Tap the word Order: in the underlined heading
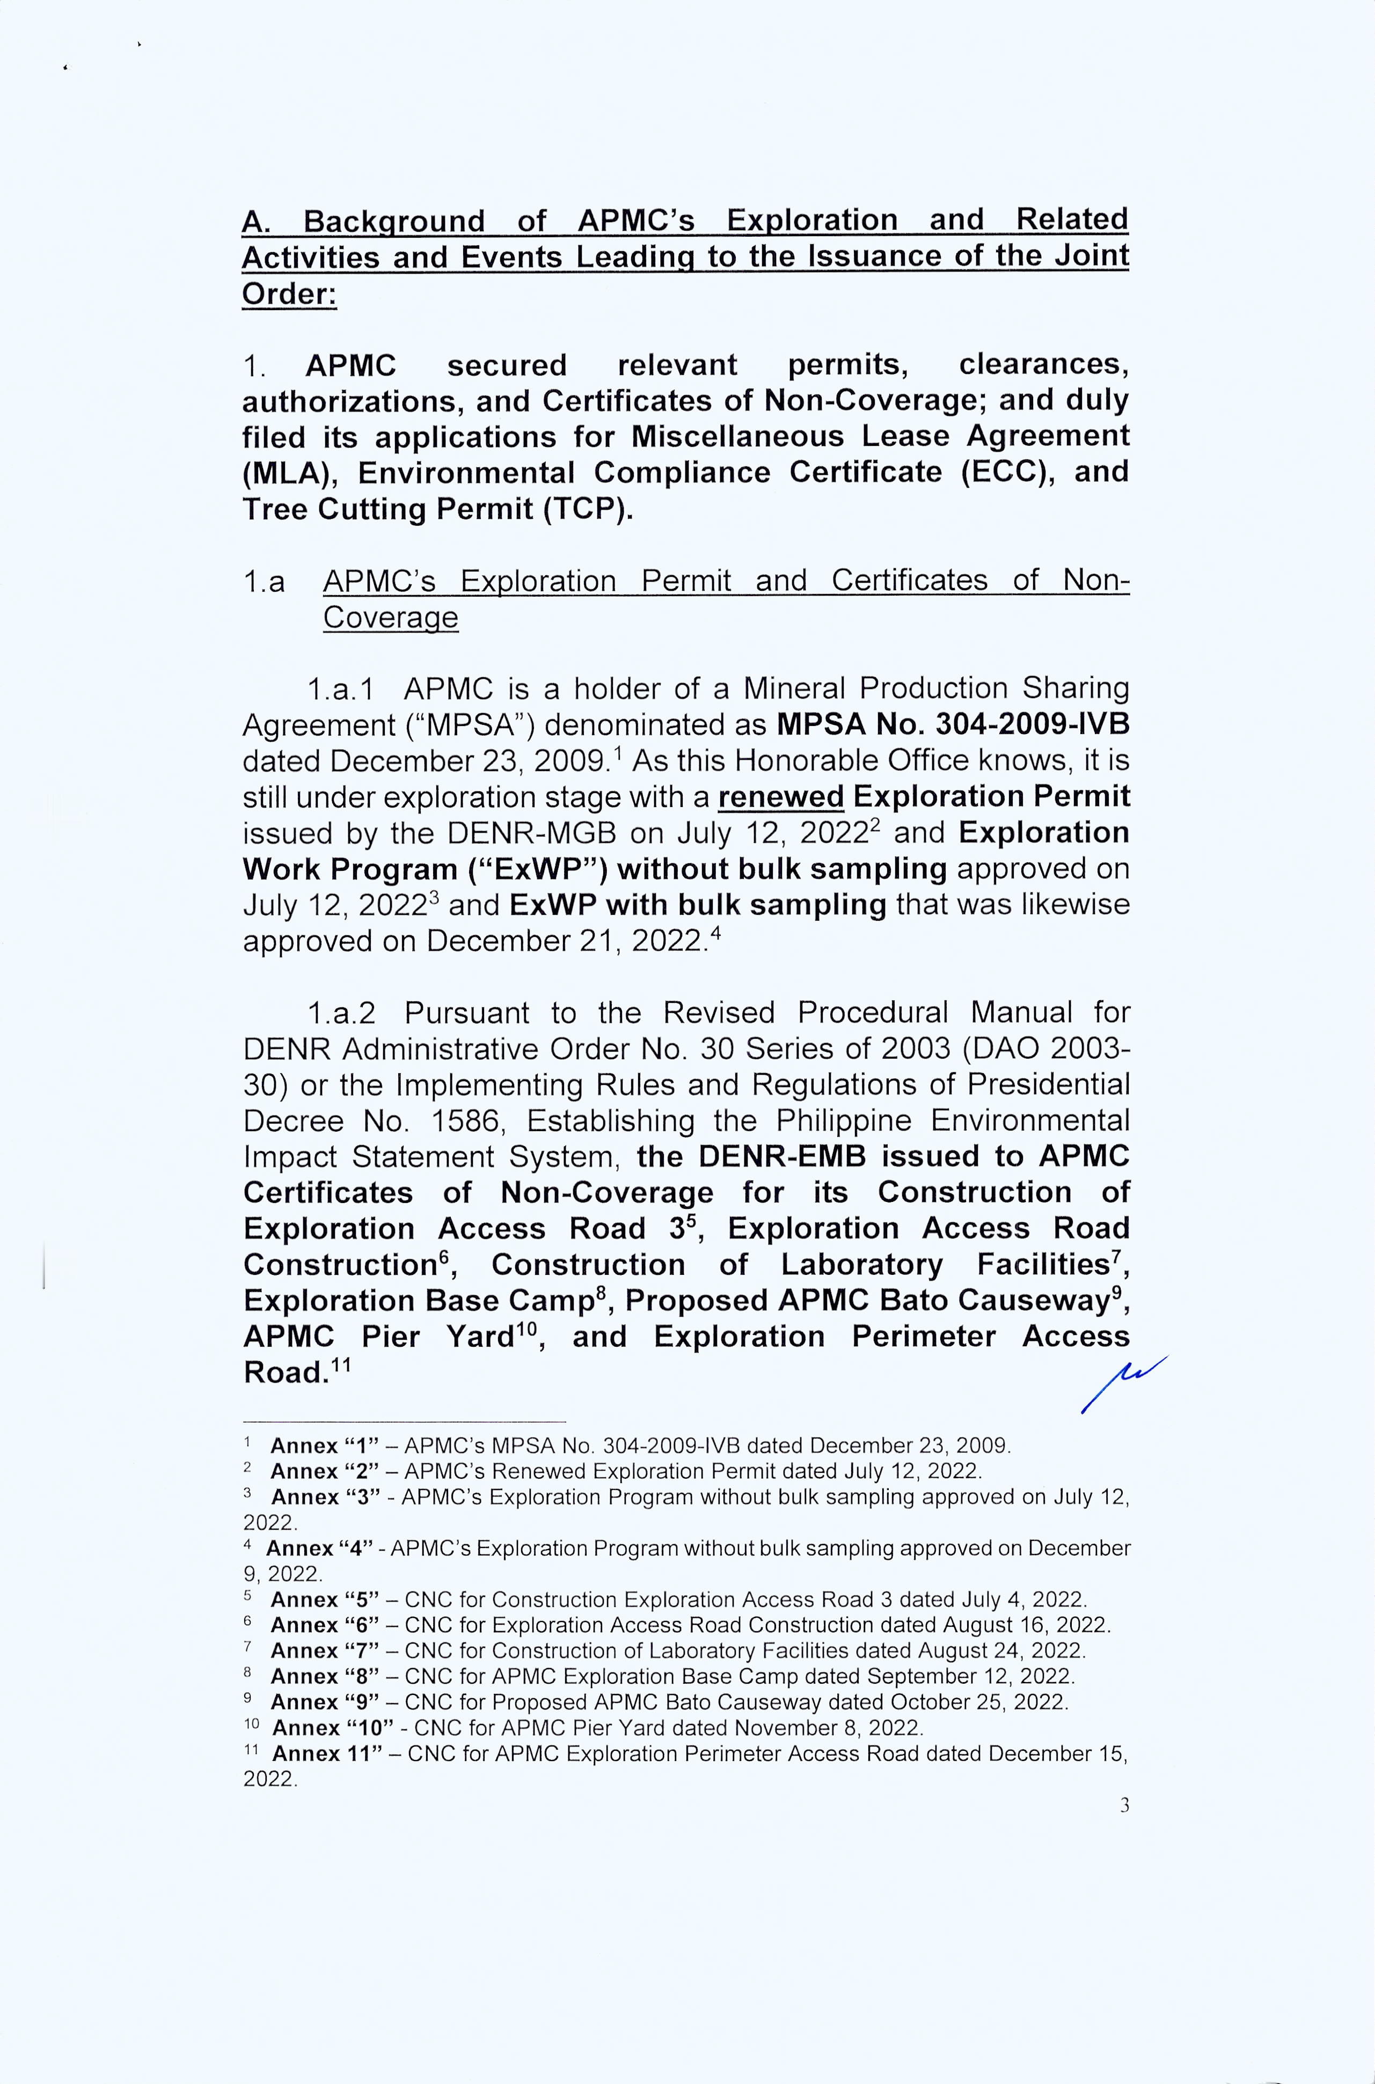pos(289,293)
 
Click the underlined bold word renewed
pos(780,797)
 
